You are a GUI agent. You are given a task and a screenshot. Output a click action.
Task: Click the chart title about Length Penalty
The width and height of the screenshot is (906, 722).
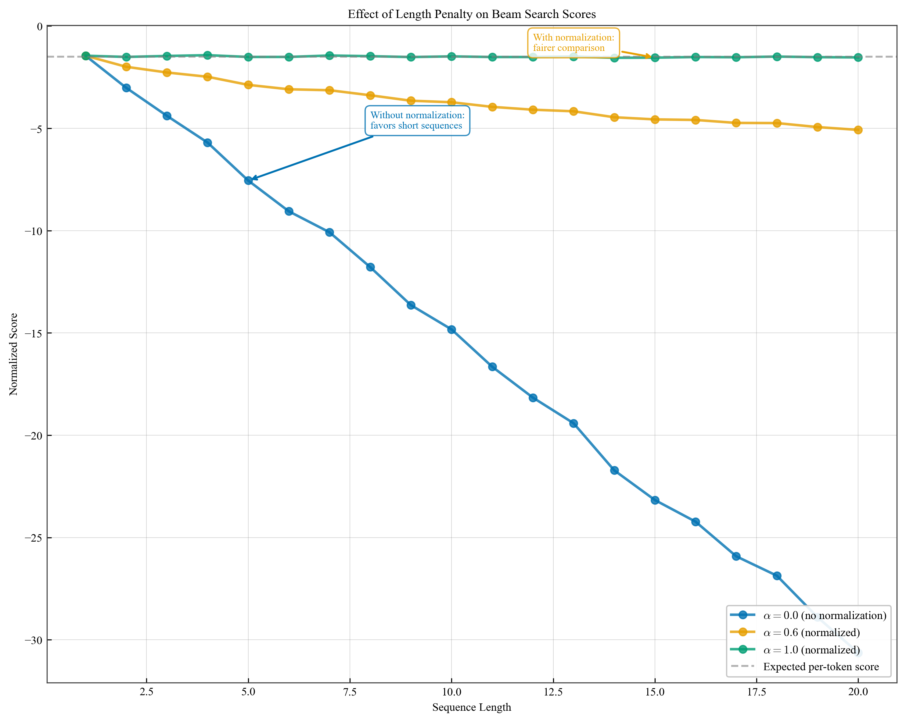472,14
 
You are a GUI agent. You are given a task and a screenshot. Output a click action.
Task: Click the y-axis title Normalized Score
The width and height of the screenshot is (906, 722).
13,354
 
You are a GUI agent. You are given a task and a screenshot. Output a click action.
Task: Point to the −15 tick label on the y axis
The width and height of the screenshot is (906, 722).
34,333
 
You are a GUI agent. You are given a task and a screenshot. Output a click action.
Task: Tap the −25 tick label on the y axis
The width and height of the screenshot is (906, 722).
34,538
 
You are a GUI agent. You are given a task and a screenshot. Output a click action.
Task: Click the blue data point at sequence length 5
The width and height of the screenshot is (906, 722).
248,180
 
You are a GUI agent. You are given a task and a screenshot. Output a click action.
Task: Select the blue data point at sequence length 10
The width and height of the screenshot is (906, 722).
451,329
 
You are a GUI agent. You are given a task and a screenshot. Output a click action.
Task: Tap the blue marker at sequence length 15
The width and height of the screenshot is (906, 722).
655,500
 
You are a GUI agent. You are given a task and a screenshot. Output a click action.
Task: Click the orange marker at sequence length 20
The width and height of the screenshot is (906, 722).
858,130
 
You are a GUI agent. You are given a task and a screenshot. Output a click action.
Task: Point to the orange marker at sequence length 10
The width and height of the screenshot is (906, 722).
451,102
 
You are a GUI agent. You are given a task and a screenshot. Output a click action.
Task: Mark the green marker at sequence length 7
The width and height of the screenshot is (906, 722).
329,55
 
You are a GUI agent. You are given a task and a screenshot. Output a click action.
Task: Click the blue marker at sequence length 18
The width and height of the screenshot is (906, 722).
777,576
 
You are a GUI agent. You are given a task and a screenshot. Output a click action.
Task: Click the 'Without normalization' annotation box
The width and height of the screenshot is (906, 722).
417,120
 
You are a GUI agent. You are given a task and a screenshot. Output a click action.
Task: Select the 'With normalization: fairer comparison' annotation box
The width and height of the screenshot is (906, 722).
573,43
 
